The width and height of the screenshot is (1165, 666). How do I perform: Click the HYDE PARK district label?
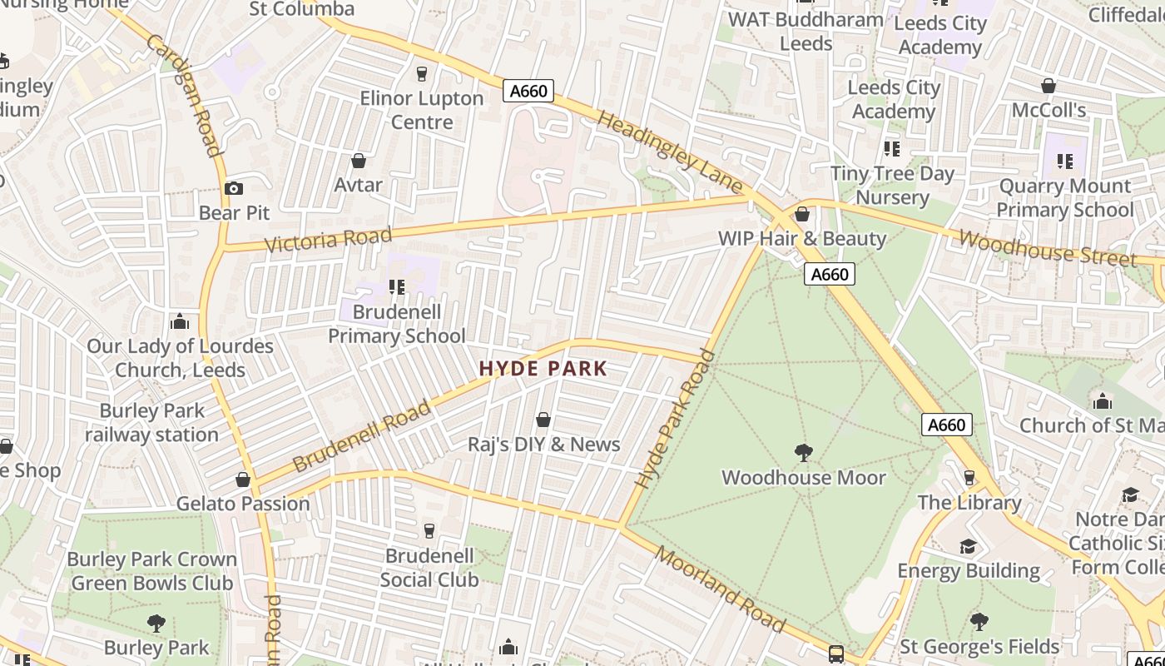pos(543,369)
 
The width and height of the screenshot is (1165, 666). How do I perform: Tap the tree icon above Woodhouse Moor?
pos(804,453)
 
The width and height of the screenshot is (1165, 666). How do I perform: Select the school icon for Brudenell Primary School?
pos(397,287)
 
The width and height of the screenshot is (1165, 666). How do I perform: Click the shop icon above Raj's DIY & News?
pos(543,420)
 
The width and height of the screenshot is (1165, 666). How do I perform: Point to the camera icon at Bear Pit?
pos(234,189)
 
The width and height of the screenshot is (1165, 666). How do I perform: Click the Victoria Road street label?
pos(328,240)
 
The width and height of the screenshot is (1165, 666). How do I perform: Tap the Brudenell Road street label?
pos(362,435)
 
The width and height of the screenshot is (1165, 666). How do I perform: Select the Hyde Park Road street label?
pos(674,419)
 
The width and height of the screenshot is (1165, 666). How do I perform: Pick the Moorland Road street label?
pos(720,589)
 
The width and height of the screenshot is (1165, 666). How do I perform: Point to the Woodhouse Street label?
pos(1047,248)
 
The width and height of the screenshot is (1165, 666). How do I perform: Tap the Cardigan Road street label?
pos(184,95)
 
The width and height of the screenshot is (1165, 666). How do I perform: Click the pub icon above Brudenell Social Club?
pos(429,531)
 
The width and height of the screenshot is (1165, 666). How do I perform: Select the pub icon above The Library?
pos(969,478)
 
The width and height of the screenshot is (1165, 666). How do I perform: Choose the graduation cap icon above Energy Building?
pos(969,546)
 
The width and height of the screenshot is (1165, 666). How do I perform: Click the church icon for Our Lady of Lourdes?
pos(180,322)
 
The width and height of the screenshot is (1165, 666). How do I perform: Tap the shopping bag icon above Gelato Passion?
pos(243,480)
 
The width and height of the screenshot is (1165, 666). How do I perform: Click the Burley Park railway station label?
pos(151,423)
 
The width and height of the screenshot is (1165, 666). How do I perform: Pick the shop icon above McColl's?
pos(1048,86)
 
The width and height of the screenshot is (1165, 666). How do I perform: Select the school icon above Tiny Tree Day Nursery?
pos(892,149)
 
